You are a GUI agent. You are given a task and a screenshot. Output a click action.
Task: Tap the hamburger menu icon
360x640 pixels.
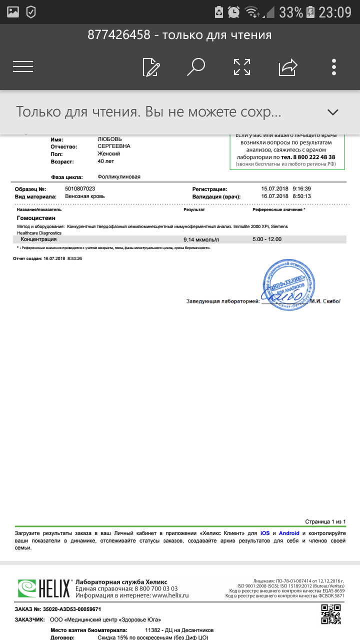click(x=23, y=66)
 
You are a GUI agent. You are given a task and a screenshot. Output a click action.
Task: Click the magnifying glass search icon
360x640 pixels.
click(x=196, y=66)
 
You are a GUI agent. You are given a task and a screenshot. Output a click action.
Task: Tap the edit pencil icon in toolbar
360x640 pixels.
click(x=151, y=66)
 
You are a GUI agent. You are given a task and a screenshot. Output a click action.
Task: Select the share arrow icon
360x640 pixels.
click(x=288, y=66)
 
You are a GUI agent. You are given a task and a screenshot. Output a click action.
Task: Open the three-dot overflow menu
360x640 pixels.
click(x=334, y=66)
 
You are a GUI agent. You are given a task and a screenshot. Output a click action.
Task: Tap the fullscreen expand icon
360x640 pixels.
click(x=242, y=66)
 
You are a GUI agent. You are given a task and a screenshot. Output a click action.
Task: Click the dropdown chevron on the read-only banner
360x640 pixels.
click(x=333, y=112)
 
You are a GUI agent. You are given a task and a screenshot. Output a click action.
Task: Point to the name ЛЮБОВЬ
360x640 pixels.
click(x=109, y=139)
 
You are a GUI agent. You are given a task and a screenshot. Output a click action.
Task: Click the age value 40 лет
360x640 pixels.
click(x=106, y=161)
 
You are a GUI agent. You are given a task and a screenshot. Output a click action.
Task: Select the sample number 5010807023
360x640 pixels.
click(x=80, y=189)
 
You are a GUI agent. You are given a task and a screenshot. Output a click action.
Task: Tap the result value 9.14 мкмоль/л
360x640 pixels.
click(x=201, y=239)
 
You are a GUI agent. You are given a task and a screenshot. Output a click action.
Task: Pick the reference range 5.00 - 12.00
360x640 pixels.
click(x=267, y=239)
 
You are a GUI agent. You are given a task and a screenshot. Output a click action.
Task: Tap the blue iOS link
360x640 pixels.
click(x=264, y=533)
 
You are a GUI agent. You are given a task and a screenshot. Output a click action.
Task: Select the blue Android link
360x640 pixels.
click(x=289, y=533)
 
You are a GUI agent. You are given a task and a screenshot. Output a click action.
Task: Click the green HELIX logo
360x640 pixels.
click(x=44, y=588)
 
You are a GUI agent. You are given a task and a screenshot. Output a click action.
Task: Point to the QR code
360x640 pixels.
click(x=331, y=614)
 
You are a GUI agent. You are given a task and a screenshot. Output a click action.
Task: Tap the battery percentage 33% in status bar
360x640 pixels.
click(x=291, y=12)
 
